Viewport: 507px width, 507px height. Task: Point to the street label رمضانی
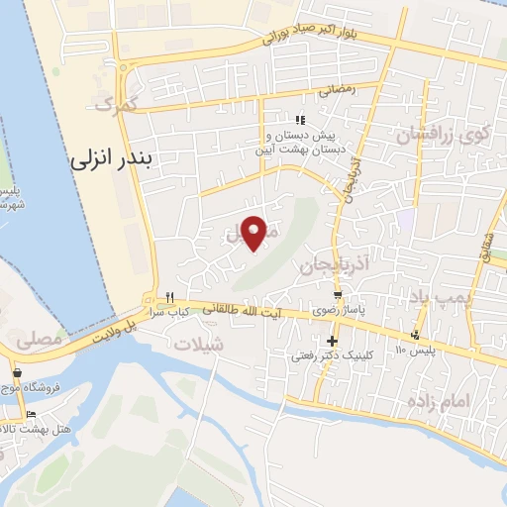tap(337, 89)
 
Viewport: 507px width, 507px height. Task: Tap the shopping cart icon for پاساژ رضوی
tap(340, 295)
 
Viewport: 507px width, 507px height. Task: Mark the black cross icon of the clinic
tap(332, 341)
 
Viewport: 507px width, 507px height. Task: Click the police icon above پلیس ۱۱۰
tap(426, 334)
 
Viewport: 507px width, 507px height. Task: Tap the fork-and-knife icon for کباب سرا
tap(169, 296)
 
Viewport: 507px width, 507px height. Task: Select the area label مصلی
tap(34, 340)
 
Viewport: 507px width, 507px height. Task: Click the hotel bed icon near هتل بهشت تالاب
tap(31, 414)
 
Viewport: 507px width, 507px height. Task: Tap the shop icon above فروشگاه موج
tap(18, 372)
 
